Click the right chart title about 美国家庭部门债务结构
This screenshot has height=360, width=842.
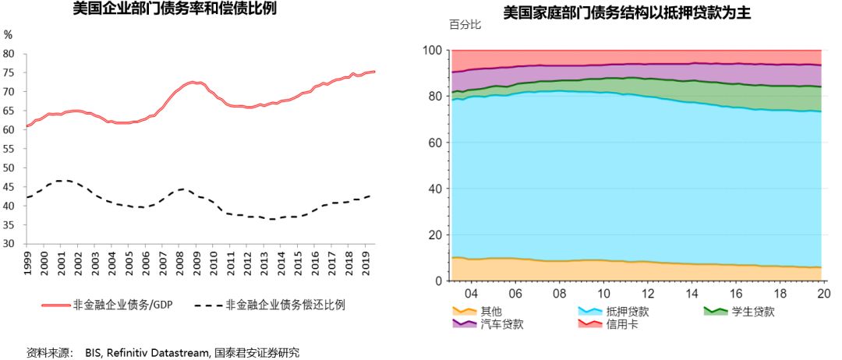(627, 12)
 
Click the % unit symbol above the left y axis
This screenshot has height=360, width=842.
(9, 35)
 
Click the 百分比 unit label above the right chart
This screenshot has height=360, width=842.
(465, 24)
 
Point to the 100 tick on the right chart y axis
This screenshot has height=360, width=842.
(434, 51)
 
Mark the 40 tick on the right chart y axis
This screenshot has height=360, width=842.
(437, 189)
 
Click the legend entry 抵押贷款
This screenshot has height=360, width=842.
(627, 311)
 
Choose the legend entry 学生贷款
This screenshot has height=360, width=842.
(752, 311)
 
